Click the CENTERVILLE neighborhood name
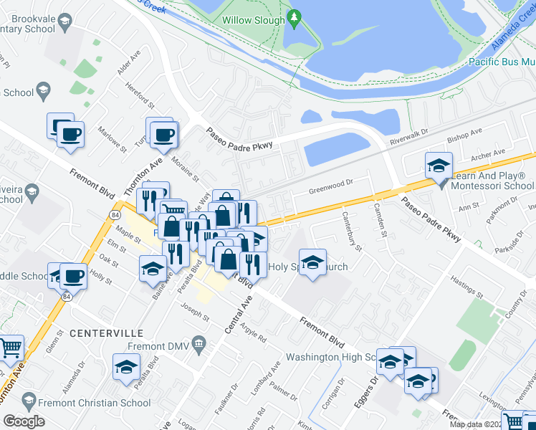point(107,333)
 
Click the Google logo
point(24,421)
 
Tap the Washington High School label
point(330,357)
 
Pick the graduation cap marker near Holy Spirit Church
point(312,264)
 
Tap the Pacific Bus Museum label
point(502,62)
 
